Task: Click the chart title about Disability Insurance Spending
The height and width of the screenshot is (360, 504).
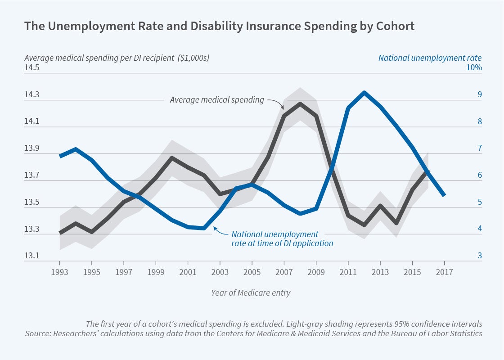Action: (219, 26)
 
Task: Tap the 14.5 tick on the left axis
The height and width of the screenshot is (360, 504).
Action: (31, 68)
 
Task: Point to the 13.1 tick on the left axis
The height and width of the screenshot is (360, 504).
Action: (31, 256)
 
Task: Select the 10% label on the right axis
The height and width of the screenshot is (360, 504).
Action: (474, 68)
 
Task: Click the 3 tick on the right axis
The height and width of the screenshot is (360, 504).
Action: (480, 256)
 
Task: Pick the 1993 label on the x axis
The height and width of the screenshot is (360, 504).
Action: (60, 273)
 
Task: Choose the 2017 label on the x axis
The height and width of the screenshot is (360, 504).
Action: (444, 273)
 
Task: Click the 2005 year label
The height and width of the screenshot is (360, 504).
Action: (252, 273)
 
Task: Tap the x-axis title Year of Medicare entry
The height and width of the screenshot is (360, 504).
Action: (251, 293)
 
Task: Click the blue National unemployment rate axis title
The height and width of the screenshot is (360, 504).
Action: (430, 58)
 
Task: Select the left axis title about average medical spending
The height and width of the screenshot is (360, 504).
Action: (117, 58)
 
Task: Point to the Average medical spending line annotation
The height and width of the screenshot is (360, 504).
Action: (217, 100)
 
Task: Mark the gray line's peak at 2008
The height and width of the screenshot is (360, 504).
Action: (300, 104)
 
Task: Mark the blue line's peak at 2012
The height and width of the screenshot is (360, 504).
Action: (364, 93)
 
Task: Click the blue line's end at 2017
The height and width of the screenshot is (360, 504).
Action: (444, 195)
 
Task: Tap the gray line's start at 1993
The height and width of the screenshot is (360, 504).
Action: (60, 233)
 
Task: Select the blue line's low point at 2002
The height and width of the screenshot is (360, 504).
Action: (204, 228)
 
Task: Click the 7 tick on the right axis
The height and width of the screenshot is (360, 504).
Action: (480, 148)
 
